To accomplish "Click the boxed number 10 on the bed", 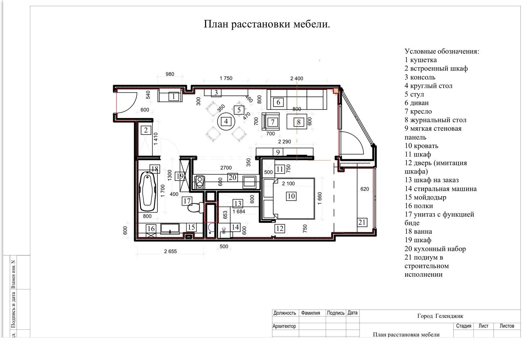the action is click(291, 196).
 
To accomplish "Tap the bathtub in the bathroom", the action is click(147, 192).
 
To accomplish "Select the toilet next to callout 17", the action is click(196, 207).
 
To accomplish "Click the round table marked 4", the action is click(226, 121).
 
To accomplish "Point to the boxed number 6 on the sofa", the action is click(278, 102).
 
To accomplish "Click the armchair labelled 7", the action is click(271, 122).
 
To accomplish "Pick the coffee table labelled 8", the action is click(296, 121).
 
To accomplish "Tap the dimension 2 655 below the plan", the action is click(170, 251).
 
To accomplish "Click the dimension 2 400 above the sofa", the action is click(296, 78).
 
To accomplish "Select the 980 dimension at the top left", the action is click(170, 74).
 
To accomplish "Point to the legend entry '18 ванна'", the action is click(418, 231).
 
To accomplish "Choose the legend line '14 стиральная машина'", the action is click(441, 189).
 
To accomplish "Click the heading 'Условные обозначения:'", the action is click(442, 51).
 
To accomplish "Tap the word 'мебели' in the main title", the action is click(312, 24).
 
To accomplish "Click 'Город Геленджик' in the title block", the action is click(440, 316).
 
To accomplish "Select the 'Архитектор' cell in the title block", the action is click(284, 326).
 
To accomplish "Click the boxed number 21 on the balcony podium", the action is click(362, 222).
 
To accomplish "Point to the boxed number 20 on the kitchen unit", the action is click(232, 177).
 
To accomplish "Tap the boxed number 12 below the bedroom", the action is click(280, 229).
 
